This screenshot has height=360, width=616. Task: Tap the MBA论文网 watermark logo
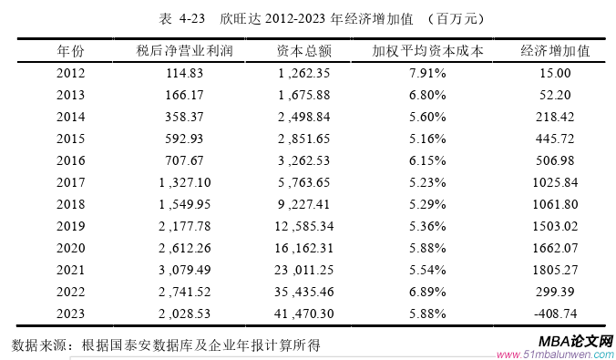pyautogui.click(x=574, y=340)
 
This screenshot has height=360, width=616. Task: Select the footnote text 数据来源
pyautogui.click(x=41, y=345)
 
